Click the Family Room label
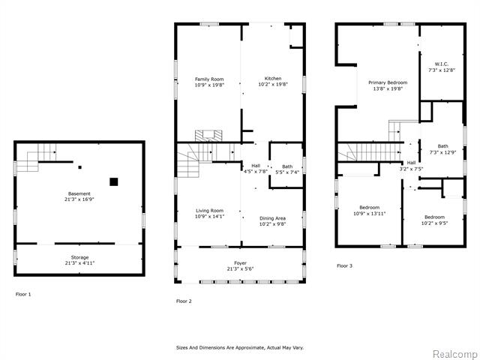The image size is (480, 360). (209, 79)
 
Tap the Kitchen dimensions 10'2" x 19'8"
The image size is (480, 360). (273, 85)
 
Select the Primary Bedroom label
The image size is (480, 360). (388, 82)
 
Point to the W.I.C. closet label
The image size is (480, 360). (442, 64)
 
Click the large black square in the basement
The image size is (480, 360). (114, 181)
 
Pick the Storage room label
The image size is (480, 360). (80, 257)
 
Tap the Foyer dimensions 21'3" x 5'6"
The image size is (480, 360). (240, 269)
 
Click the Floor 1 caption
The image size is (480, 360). (23, 295)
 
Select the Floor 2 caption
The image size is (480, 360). (184, 301)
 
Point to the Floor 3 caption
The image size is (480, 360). (344, 265)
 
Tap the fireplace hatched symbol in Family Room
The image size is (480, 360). (208, 136)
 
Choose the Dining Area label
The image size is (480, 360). (272, 218)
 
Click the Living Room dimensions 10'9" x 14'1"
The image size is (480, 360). (210, 217)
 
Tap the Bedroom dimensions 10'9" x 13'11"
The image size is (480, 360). (370, 214)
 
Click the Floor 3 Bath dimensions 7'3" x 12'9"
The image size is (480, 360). (442, 152)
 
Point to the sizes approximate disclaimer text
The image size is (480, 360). (240, 348)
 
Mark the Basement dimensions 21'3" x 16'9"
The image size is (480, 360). (79, 199)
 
